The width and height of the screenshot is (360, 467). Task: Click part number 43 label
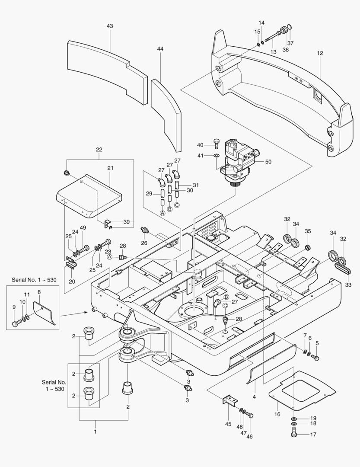coord(110,26)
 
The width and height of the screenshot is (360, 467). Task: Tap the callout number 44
coord(160,49)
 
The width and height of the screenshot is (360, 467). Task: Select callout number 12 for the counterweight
coord(320,53)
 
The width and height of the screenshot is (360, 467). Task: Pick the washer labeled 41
coord(217,155)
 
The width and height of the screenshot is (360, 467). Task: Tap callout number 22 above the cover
coord(99,150)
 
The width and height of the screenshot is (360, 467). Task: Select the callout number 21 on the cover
coord(110,168)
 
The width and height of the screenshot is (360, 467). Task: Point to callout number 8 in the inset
coord(39,292)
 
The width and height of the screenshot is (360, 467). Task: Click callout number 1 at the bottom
coord(96,431)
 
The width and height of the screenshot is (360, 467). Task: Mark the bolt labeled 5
coord(315,358)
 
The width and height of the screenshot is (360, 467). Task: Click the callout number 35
coord(308,232)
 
